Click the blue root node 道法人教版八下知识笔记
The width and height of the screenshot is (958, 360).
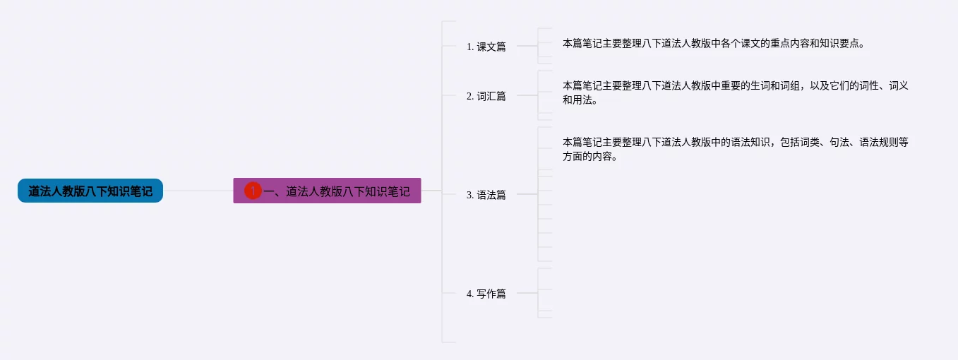point(90,191)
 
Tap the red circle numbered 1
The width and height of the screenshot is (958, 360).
point(253,191)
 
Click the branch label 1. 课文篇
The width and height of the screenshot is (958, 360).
point(486,47)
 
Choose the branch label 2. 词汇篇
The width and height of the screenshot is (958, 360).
point(486,96)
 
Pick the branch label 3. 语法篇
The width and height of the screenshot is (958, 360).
point(486,195)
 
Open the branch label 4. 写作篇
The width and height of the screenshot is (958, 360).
point(486,294)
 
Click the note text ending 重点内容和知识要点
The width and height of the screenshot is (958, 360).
point(713,43)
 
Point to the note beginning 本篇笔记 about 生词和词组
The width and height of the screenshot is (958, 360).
point(734,85)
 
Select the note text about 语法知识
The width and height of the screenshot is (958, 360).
point(734,142)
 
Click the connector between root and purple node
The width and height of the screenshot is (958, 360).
point(198,191)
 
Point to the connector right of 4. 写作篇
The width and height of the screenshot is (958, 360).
point(527,293)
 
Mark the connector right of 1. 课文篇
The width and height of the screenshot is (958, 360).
point(527,46)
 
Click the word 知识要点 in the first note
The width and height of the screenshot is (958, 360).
point(840,43)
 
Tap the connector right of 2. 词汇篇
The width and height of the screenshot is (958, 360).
point(527,95)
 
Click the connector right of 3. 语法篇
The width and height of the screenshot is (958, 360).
point(527,194)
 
